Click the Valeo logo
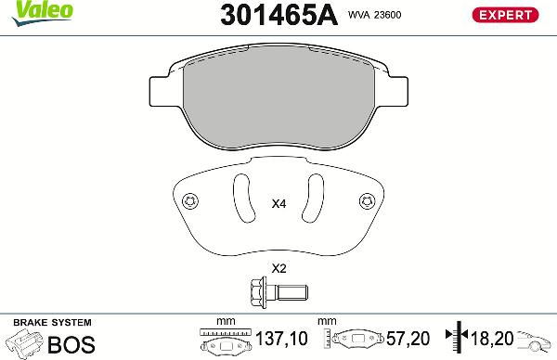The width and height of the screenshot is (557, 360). pyautogui.click(x=29, y=9)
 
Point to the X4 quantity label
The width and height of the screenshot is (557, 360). pyautogui.click(x=277, y=204)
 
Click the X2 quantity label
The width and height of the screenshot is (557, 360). pyautogui.click(x=277, y=269)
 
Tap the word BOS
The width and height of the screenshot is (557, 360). pyautogui.click(x=71, y=345)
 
